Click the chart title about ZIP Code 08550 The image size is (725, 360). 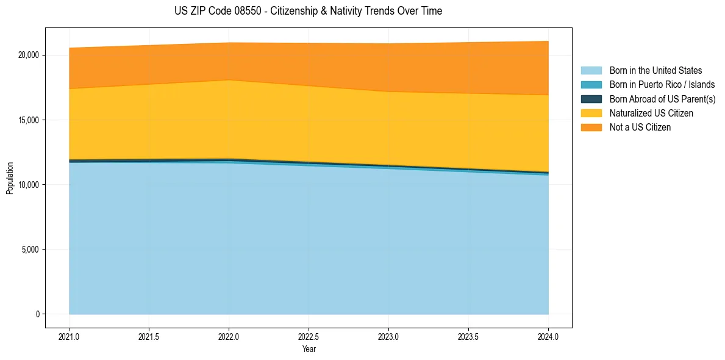coord(308,11)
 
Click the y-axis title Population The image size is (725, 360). coord(10,178)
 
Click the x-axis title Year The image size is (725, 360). coord(309,349)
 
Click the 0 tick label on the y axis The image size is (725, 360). coord(37,314)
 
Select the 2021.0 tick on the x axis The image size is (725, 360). coord(70,336)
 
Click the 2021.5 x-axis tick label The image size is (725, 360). coord(149,336)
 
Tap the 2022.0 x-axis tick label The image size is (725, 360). coord(229,336)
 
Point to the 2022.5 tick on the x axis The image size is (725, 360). coord(309,336)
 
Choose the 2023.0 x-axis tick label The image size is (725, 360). coord(388,336)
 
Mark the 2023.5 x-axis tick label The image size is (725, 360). coord(468,336)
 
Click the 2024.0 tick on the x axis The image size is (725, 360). coord(548,336)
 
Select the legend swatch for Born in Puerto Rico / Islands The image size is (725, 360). coord(591,85)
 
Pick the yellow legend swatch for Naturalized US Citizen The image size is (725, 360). coord(591,113)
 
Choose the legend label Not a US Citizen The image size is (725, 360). coord(640,128)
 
